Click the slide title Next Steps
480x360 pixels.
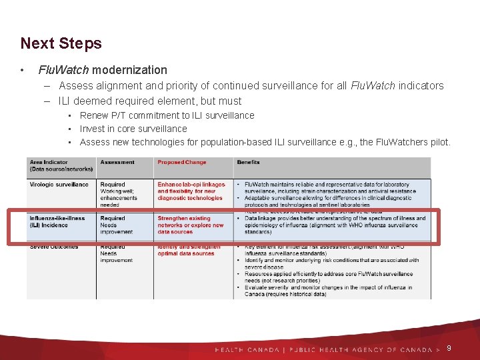(x=61, y=43)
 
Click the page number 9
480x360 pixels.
(x=449, y=348)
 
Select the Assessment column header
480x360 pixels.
(x=117, y=163)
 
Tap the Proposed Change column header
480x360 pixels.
(x=181, y=163)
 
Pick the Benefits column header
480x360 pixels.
(x=248, y=163)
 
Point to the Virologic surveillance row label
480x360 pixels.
(x=59, y=185)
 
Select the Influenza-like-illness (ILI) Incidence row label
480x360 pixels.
(x=58, y=222)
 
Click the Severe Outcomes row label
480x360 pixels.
(x=54, y=247)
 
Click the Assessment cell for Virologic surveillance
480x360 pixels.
(x=119, y=195)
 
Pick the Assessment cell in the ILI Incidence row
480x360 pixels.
(x=117, y=225)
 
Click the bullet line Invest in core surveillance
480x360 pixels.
(x=133, y=129)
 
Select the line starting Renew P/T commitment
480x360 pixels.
(x=167, y=115)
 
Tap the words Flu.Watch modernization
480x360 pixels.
(x=103, y=69)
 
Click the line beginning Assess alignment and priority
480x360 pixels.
(x=251, y=85)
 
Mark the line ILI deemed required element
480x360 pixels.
(x=150, y=101)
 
